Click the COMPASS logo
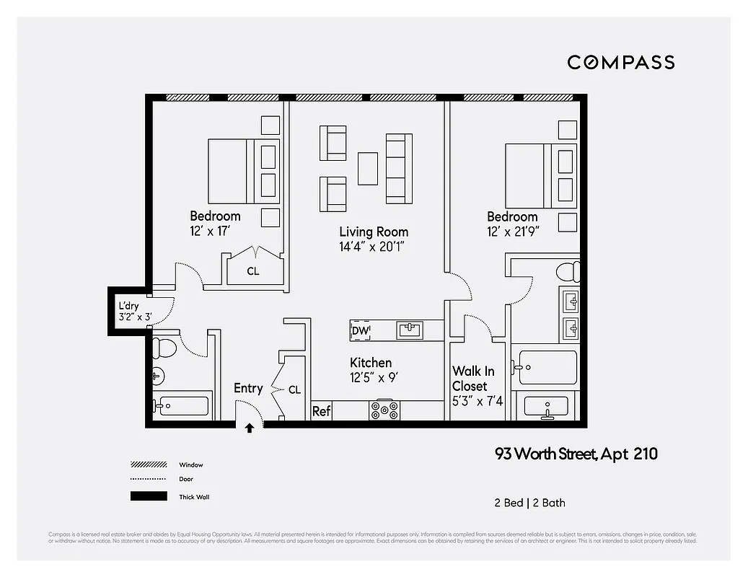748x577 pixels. (x=620, y=62)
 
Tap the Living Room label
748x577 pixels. (x=374, y=232)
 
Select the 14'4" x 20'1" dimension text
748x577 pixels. (x=374, y=247)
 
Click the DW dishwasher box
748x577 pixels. (x=360, y=330)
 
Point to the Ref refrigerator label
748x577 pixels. (x=321, y=412)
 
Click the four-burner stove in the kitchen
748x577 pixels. (x=384, y=410)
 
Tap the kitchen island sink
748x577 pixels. (x=410, y=330)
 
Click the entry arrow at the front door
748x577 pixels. (x=250, y=428)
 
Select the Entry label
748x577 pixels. (x=248, y=389)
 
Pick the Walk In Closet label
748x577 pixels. (x=473, y=379)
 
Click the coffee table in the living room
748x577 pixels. (x=368, y=167)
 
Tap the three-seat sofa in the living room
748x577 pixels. (x=399, y=167)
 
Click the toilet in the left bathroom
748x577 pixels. (x=164, y=347)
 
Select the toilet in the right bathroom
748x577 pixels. (x=568, y=272)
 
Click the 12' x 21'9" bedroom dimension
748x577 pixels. (x=512, y=232)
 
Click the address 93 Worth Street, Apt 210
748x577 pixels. (x=576, y=454)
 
